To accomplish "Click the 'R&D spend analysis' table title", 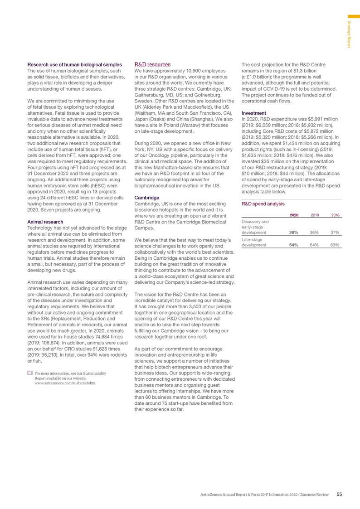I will click(x=259, y=204).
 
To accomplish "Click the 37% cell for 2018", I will click(x=335, y=233).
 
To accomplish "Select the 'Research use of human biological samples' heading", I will click(x=74, y=65).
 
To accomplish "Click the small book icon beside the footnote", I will click(x=30, y=361).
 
